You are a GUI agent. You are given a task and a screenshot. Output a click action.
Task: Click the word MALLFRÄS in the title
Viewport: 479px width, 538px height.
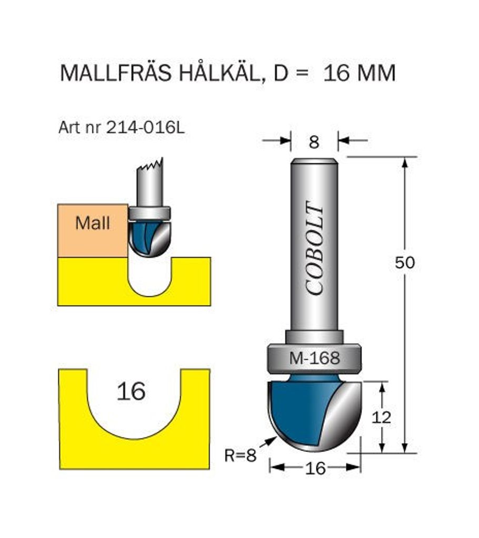115,74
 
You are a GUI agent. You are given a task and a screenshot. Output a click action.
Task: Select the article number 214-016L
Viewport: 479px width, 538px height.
145,128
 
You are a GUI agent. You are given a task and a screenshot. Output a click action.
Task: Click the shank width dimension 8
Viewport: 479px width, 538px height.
314,142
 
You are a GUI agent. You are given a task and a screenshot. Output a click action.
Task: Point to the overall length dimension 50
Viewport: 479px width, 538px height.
405,263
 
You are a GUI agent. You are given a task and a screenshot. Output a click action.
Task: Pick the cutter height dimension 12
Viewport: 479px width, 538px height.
381,418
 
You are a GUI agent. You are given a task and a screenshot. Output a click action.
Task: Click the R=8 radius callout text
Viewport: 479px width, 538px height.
241,456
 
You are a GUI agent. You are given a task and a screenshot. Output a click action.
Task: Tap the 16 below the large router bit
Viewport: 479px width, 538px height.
315,468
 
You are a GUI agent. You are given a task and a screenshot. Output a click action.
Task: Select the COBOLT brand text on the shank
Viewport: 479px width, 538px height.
315,248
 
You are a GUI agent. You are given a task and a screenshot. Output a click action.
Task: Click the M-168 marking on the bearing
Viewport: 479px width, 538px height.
315,358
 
